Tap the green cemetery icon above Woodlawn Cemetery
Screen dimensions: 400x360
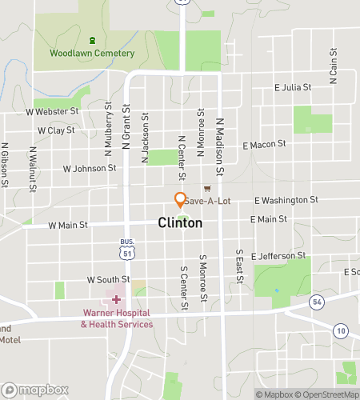coord(93,40)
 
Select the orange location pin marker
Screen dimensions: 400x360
coord(181,200)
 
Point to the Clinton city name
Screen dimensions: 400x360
coord(180,224)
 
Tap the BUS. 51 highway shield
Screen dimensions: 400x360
coord(126,250)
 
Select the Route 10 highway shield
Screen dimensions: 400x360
coord(341,331)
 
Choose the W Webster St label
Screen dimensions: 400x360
coord(52,112)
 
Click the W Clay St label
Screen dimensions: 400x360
coord(55,130)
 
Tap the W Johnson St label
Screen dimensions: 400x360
coord(90,169)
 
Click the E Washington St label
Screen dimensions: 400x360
coord(286,199)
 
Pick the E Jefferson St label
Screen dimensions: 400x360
coord(278,256)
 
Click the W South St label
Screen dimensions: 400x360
coord(106,280)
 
